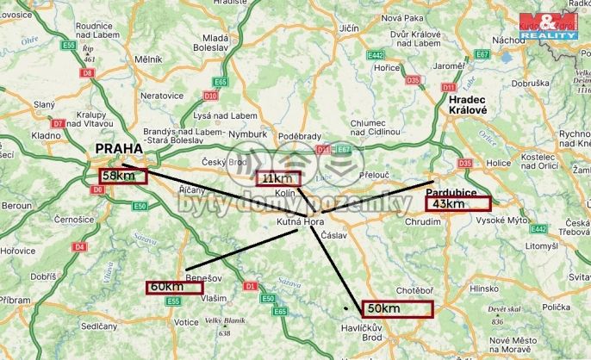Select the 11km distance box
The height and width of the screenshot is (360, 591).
(x=277, y=178)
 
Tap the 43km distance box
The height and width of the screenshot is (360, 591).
(x=457, y=204)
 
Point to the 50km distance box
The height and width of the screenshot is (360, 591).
(x=395, y=308)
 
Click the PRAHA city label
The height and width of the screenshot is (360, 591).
(x=119, y=149)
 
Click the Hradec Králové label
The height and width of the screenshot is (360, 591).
(x=468, y=105)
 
